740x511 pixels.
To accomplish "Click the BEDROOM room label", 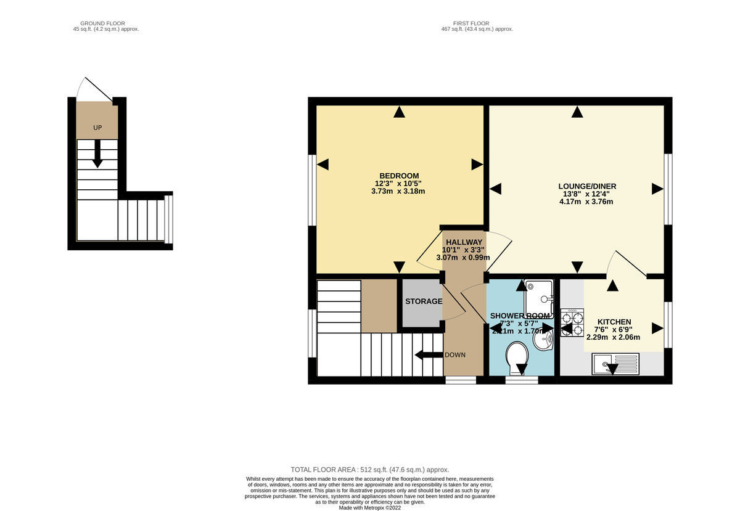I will coord(399,175).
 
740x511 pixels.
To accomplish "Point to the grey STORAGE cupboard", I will coord(422,301).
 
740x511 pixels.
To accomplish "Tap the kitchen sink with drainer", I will coord(615,364).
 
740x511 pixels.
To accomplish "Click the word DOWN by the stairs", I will coord(455,355).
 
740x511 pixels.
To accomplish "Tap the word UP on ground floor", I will coord(97,128).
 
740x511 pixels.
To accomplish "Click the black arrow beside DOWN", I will coord(427,355).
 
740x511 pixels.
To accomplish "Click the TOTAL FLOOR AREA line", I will coord(370,470).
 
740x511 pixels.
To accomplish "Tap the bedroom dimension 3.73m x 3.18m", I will coord(399,191).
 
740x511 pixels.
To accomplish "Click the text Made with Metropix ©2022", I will coord(370,508).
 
